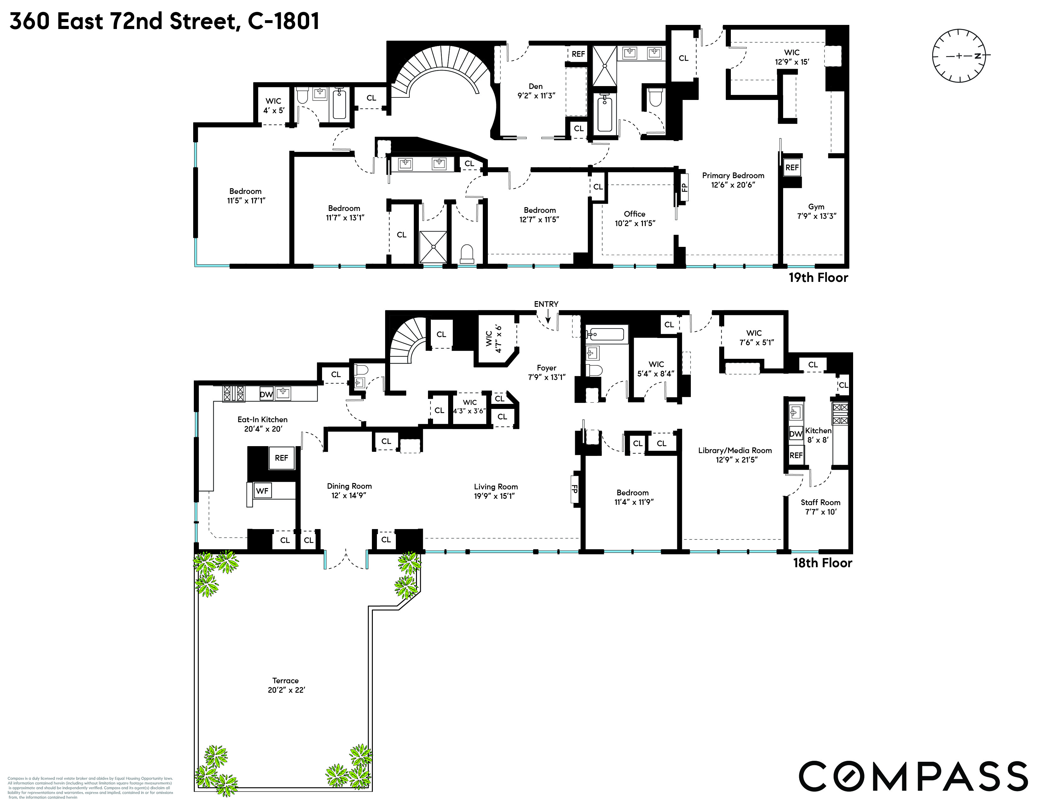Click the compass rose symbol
959,56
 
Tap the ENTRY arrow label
546,304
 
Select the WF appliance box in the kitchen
263,491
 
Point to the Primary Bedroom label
733,176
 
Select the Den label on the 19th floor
536,86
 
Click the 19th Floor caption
818,278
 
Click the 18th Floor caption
822,563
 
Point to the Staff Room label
820,502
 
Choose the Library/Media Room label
735,451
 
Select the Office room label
634,214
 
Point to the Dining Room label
349,486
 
